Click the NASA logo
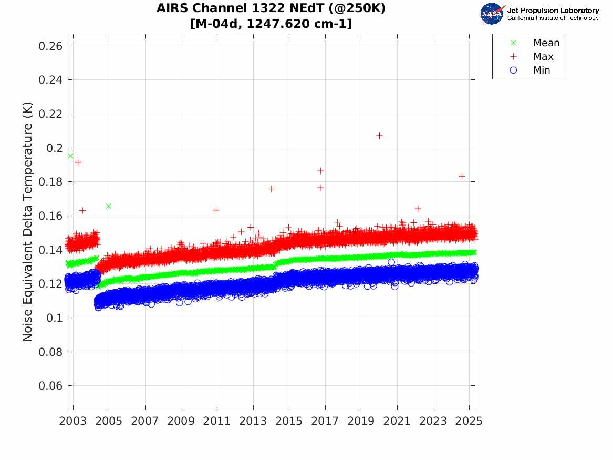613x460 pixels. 492,14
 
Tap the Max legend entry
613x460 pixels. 532,56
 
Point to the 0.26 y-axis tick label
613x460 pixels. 50,46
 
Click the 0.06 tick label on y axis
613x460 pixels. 50,386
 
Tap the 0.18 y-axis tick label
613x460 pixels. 50,182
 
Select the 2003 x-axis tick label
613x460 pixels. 72,421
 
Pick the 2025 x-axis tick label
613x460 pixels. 469,421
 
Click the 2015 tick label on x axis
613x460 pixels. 289,421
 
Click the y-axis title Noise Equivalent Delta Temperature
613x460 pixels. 27,222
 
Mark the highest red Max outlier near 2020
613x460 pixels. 379,136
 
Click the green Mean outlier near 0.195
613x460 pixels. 71,156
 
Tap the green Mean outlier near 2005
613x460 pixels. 109,206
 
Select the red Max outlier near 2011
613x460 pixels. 216,210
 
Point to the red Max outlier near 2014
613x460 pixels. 272,189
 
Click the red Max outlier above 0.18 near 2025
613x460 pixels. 462,177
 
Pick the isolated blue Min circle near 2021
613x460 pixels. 391,262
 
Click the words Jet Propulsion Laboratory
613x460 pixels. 553,11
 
